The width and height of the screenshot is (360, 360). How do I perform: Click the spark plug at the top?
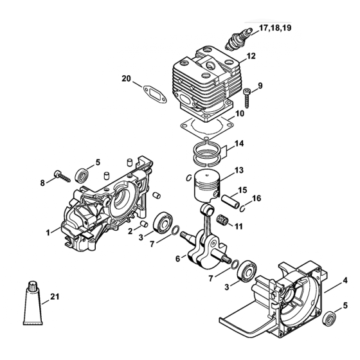coord(235,40)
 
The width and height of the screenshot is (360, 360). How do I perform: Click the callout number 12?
coord(251,56)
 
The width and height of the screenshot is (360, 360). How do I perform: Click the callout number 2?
coord(130,231)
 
